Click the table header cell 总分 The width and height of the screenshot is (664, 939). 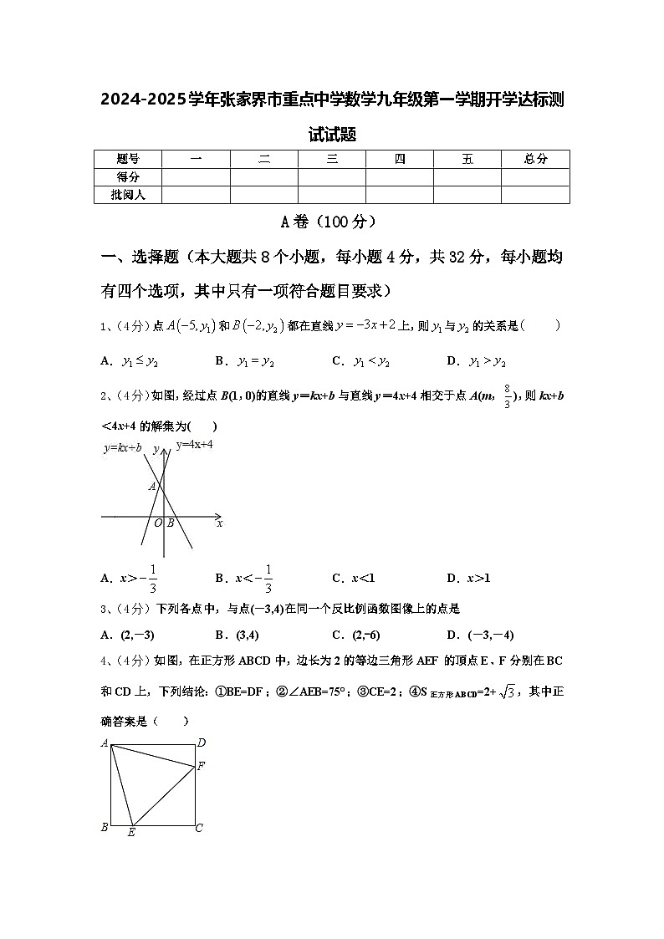pyautogui.click(x=535, y=159)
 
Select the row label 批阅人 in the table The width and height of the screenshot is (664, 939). pyautogui.click(x=128, y=195)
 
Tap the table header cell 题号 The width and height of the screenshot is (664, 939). pyautogui.click(x=128, y=159)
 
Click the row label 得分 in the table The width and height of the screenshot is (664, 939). pyautogui.click(x=128, y=176)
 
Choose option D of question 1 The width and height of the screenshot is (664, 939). pyautogui.click(x=476, y=361)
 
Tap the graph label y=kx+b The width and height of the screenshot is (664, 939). pyautogui.click(x=122, y=448)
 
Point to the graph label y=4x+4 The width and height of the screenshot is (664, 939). pyautogui.click(x=194, y=445)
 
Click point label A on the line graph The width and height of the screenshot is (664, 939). pyautogui.click(x=152, y=486)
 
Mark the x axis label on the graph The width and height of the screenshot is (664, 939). pyautogui.click(x=219, y=523)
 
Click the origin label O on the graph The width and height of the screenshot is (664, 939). pyautogui.click(x=157, y=523)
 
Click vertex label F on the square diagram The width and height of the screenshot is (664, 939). pyautogui.click(x=201, y=765)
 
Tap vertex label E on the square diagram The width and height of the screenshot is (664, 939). pyautogui.click(x=131, y=833)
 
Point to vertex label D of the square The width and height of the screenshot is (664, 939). pyautogui.click(x=201, y=743)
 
